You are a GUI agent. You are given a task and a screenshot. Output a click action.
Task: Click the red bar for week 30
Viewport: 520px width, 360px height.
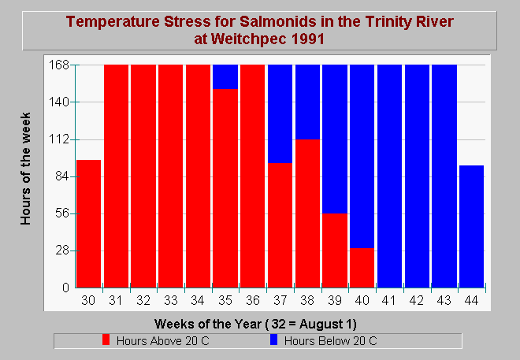coord(88,224)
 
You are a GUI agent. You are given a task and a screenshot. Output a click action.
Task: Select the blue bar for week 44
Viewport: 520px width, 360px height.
coord(471,226)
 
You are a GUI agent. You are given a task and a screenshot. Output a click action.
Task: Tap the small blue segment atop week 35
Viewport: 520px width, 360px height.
coord(225,77)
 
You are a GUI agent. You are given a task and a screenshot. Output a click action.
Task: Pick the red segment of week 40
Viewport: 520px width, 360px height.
coord(362,268)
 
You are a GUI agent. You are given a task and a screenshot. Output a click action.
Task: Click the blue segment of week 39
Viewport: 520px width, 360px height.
coord(335,139)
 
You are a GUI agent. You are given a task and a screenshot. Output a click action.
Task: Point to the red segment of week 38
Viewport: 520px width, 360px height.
coord(308,213)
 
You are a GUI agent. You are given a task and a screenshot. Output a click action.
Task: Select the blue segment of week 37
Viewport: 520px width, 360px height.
coord(280,114)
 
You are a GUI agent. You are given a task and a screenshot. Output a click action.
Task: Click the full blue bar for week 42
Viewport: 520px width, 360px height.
coord(417,176)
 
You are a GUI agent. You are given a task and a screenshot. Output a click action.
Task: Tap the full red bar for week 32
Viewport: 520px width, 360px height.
coord(143,176)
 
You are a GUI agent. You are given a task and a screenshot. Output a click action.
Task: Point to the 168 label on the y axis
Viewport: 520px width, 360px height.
coord(59,65)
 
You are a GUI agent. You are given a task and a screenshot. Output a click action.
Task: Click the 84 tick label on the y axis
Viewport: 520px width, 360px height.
coord(62,176)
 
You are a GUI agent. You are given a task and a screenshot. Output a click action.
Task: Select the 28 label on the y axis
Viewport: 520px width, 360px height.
coord(62,251)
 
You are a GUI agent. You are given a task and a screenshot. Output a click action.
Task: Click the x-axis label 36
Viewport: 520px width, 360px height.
coord(253,300)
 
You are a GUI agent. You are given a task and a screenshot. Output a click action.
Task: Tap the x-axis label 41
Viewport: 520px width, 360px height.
coord(388,300)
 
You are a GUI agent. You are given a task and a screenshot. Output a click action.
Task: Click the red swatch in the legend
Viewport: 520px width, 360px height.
coord(106,340)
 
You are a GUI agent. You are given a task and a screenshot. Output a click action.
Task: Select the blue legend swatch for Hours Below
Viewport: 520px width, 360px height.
coord(273,340)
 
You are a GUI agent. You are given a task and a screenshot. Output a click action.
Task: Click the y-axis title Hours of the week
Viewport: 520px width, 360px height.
coord(25,169)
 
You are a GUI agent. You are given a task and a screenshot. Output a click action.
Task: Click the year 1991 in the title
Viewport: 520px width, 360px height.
coord(307,39)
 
